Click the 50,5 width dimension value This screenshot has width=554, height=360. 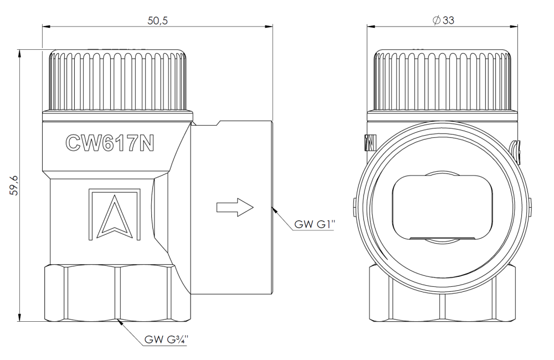click(x=157, y=20)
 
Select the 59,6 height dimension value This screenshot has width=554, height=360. click(x=14, y=185)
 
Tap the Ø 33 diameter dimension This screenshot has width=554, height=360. click(x=443, y=20)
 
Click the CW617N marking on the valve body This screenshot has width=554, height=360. click(x=110, y=143)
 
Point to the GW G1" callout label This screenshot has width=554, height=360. click(x=315, y=224)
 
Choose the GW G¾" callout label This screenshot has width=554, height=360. click(x=166, y=340)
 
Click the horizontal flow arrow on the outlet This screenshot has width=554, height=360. click(x=235, y=207)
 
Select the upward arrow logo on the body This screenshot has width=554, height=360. click(x=115, y=215)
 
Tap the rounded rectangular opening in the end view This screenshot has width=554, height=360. click(x=442, y=208)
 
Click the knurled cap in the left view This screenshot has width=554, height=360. click(x=117, y=80)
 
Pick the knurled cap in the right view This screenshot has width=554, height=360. click(x=442, y=80)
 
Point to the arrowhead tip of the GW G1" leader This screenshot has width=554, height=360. click(x=273, y=208)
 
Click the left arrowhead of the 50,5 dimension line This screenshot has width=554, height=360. click(x=43, y=26)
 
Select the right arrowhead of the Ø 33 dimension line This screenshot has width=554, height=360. click(x=517, y=26)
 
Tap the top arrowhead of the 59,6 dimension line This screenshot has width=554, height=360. click(x=20, y=50)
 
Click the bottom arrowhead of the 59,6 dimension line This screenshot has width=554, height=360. click(x=20, y=321)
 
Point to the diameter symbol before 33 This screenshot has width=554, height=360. click(x=437, y=20)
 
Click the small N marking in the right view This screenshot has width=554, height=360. click(x=370, y=143)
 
